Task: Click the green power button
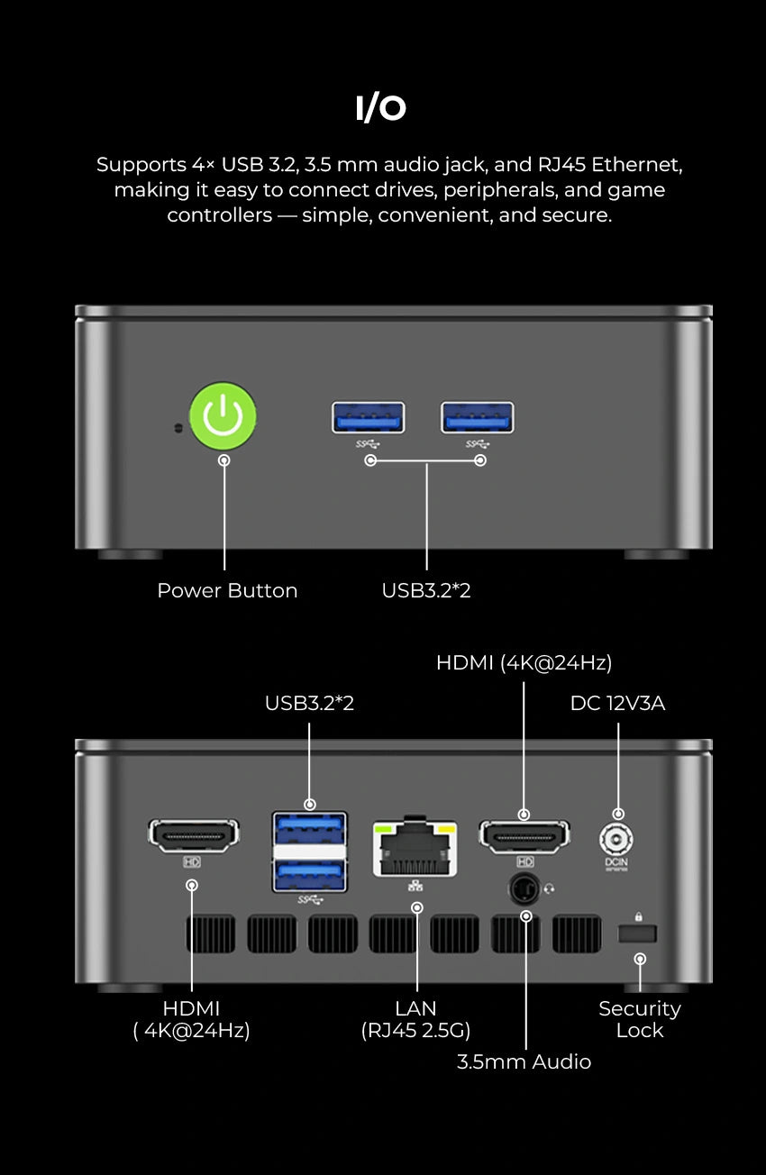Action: tap(223, 416)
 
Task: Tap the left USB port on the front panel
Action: tap(368, 417)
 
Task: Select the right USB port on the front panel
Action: tap(477, 417)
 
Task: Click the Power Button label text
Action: tap(227, 591)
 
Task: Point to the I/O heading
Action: tap(381, 108)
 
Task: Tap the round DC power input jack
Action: tap(617, 840)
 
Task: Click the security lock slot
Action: tap(637, 934)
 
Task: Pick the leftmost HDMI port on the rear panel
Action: tap(193, 835)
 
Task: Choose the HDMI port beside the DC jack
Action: tap(524, 835)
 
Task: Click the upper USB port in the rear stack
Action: tap(309, 827)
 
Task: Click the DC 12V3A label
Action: tap(617, 704)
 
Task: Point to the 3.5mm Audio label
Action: tap(524, 1061)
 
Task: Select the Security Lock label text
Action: tap(639, 1019)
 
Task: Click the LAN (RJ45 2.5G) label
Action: tap(415, 1019)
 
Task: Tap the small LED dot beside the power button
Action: tap(178, 427)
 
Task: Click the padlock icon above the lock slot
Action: tap(639, 916)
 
